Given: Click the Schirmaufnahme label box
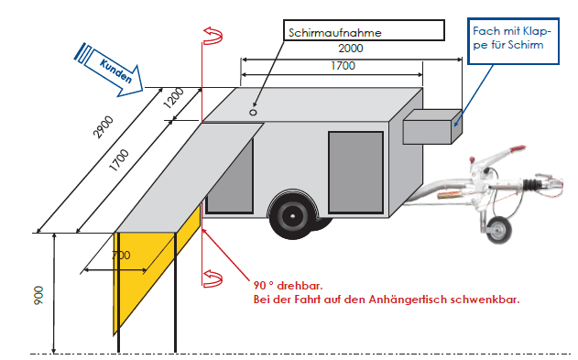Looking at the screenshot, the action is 364,30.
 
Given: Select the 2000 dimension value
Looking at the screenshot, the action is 351,49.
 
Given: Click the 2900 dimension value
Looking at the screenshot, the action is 104,127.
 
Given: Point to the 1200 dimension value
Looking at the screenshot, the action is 173,98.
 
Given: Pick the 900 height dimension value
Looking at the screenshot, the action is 38,295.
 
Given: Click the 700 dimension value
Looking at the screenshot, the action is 121,255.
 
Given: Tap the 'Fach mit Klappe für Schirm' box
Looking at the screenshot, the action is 513,41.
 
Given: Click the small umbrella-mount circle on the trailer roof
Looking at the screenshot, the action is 253,113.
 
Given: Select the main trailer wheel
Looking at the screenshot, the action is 293,215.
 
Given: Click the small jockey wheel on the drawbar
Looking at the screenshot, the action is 498,230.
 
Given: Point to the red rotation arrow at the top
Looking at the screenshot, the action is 213,36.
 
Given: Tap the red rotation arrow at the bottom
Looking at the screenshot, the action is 213,278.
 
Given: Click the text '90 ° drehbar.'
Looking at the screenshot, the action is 288,286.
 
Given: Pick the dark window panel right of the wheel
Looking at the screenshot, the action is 355,172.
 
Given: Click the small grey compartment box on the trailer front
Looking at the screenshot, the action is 432,126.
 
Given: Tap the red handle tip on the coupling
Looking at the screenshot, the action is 517,148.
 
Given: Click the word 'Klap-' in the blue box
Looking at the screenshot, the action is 537,32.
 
